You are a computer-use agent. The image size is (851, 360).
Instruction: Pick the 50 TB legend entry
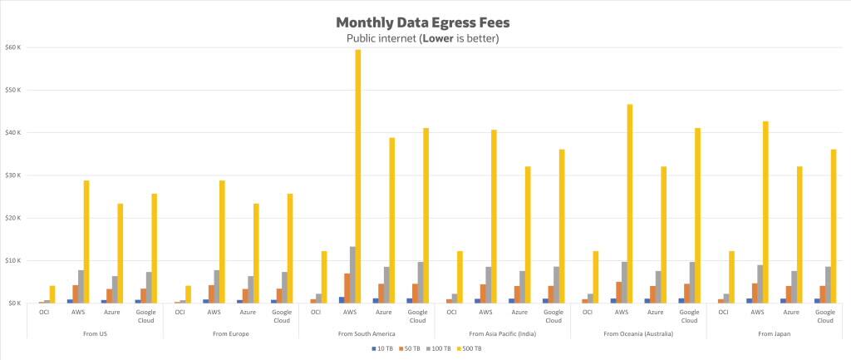(412, 348)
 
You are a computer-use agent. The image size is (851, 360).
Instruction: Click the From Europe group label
(230, 333)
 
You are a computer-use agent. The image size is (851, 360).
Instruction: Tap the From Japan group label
(774, 333)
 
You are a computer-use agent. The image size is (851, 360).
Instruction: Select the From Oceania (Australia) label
(638, 333)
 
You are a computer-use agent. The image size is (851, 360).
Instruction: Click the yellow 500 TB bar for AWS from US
(86, 241)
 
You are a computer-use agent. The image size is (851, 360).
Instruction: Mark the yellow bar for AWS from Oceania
(630, 204)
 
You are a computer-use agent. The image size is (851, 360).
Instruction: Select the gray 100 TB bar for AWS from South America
(352, 274)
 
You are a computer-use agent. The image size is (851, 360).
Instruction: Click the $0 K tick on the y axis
(15, 303)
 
